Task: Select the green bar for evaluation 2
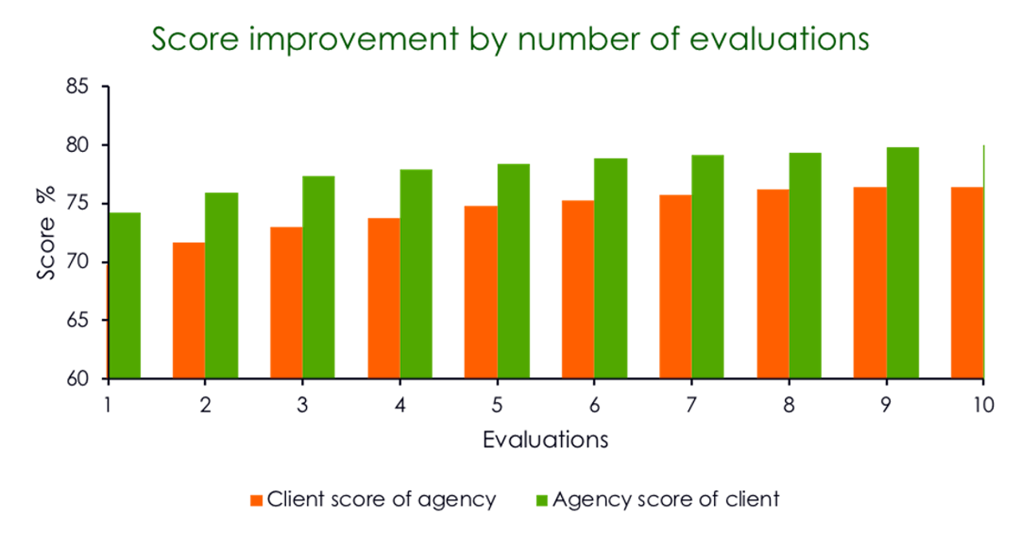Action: [222, 284]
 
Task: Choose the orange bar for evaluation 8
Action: [772, 283]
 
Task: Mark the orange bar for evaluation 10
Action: [966, 282]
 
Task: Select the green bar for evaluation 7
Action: [708, 266]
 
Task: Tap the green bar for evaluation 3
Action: [319, 276]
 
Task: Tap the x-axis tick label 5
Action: [496, 404]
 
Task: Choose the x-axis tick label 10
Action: [983, 404]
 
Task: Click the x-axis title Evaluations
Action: [545, 439]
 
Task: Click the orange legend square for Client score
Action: [256, 500]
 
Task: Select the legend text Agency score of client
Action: [665, 500]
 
